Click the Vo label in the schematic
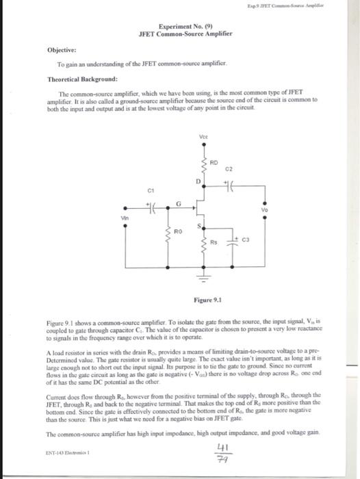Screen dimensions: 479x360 click(x=264, y=211)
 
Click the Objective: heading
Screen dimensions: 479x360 click(x=61, y=50)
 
